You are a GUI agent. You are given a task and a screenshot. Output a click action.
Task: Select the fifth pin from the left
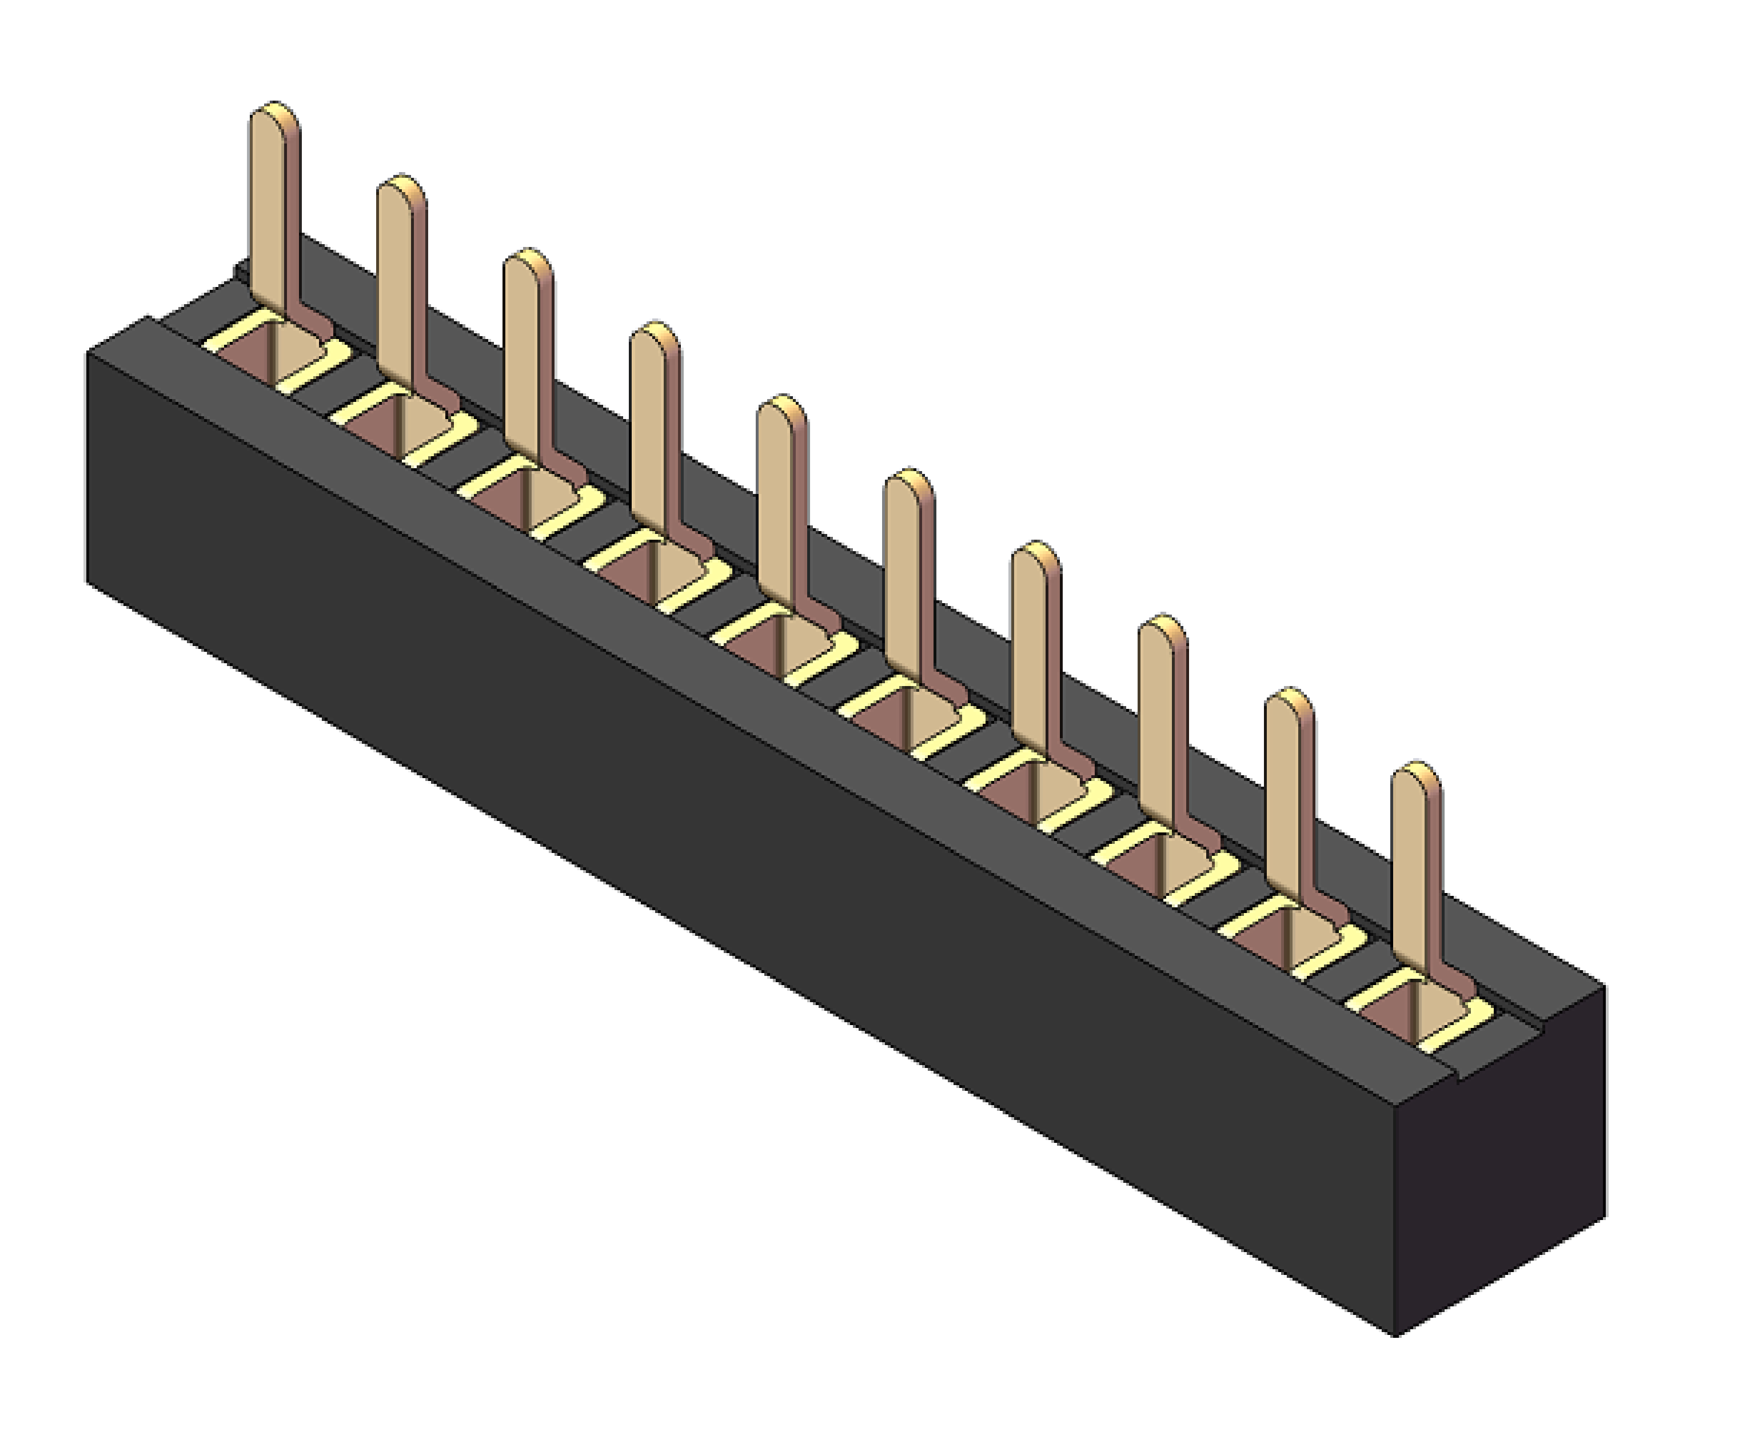[781, 497]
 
